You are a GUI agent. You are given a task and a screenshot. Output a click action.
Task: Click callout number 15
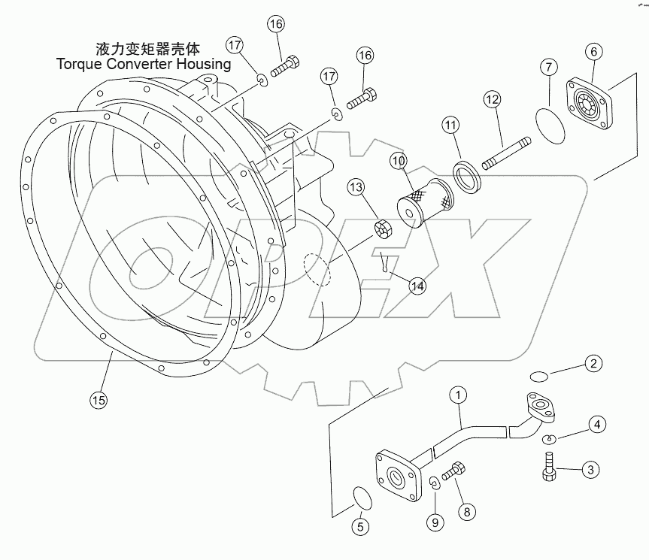point(98,400)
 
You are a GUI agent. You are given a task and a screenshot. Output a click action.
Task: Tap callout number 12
point(491,98)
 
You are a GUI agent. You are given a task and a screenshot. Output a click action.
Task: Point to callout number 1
point(459,393)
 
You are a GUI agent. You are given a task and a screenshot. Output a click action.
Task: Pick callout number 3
point(591,470)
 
